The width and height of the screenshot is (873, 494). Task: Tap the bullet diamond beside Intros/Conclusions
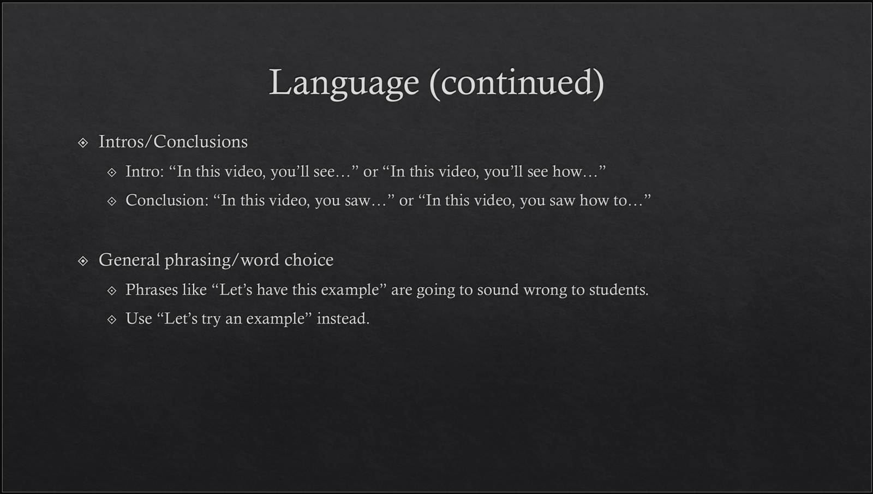(x=82, y=142)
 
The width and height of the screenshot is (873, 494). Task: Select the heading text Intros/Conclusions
(x=173, y=141)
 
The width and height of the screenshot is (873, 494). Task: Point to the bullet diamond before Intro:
(x=112, y=172)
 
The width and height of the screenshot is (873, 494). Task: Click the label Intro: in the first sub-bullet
(x=145, y=171)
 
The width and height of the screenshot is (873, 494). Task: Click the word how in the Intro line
(x=567, y=171)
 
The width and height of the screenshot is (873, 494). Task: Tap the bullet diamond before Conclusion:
(x=112, y=201)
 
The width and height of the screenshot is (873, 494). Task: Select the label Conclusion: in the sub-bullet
(x=167, y=200)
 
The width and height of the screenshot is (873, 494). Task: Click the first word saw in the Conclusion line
(x=357, y=201)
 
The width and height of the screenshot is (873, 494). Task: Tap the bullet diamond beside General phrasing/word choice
(x=82, y=261)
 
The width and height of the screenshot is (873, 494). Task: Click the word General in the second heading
(x=129, y=260)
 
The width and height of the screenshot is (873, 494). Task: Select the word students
(x=619, y=290)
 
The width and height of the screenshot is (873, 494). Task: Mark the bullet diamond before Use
(x=112, y=320)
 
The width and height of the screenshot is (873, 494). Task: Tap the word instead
(x=343, y=319)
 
